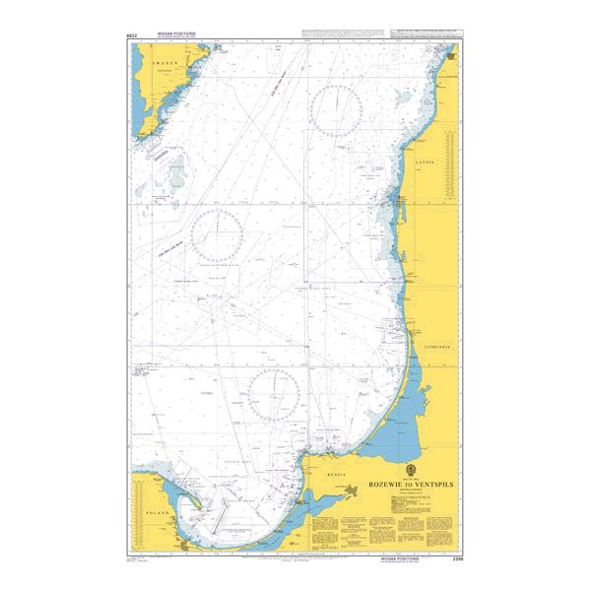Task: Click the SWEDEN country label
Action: pos(163,60)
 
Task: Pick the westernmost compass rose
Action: pos(217,236)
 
